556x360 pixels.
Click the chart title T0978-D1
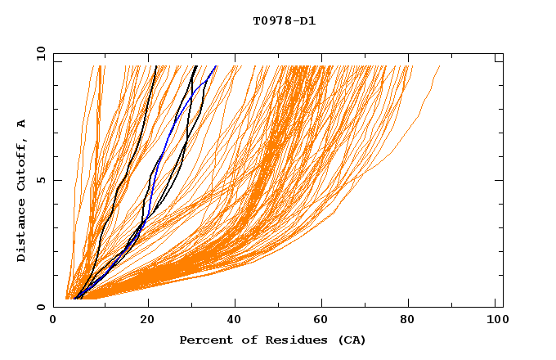284,20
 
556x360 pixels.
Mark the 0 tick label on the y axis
40,307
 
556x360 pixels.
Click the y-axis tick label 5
40,180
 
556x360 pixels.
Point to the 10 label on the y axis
38,53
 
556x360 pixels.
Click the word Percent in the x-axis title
203,340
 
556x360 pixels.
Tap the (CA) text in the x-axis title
351,340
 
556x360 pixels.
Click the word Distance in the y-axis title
21,232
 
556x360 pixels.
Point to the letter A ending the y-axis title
21,124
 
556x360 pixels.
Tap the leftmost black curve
131,164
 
